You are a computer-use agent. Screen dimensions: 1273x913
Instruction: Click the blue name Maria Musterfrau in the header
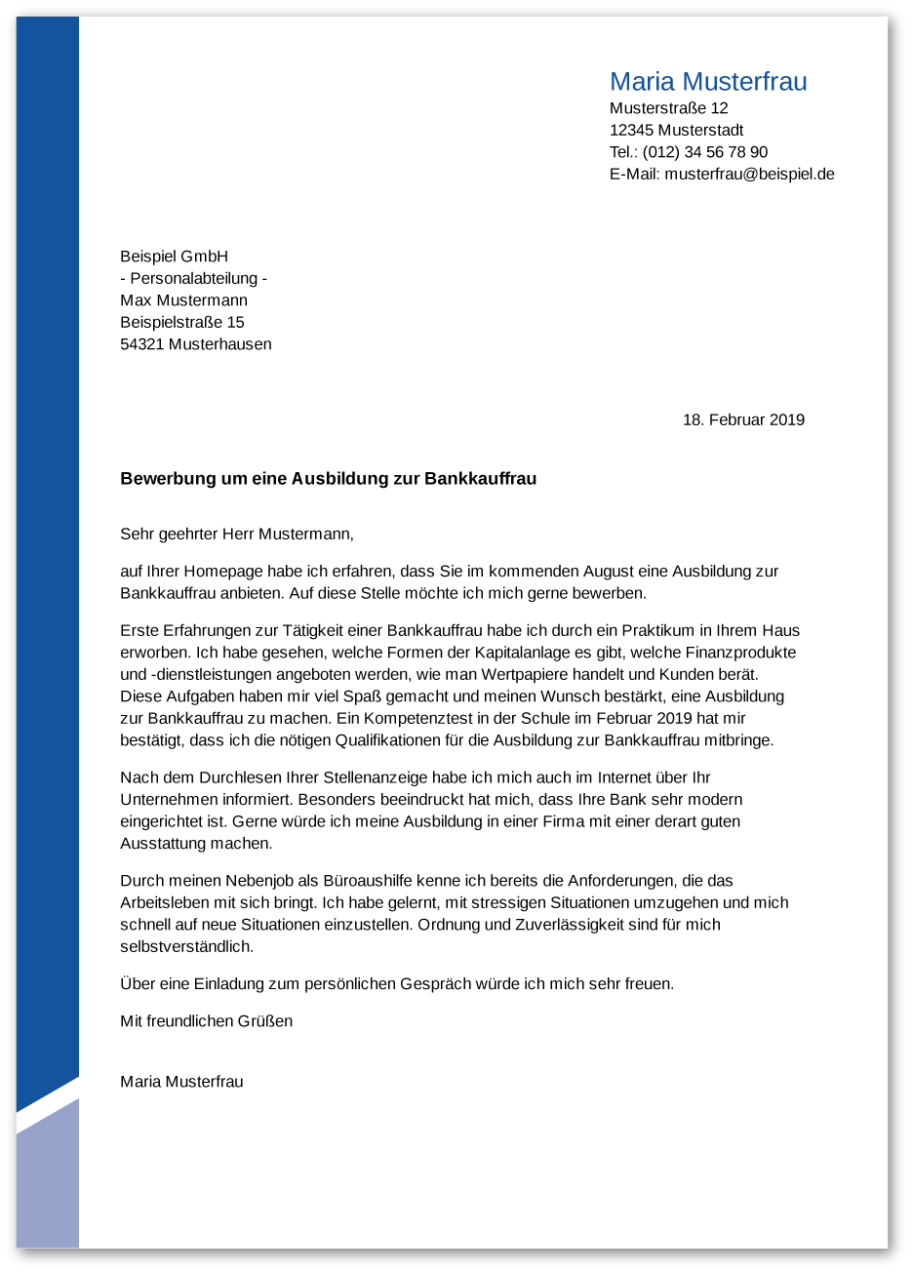click(708, 82)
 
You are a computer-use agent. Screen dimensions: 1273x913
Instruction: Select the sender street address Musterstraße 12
click(668, 108)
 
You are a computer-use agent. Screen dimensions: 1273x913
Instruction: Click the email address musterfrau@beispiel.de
click(749, 175)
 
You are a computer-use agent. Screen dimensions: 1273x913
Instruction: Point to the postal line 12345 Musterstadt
click(676, 131)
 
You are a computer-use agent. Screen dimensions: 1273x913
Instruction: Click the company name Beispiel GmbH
click(174, 257)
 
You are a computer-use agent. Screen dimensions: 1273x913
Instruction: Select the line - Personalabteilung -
click(193, 279)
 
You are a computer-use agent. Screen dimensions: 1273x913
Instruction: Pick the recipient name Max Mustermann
click(183, 300)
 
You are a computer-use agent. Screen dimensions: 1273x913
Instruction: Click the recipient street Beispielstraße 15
click(181, 323)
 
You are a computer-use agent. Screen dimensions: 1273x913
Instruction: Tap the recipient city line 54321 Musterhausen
click(195, 344)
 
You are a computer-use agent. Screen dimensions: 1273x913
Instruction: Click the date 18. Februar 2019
click(743, 420)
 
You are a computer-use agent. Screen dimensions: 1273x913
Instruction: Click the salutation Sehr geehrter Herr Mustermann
click(236, 535)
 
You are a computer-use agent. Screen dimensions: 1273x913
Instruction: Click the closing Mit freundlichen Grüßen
click(206, 1021)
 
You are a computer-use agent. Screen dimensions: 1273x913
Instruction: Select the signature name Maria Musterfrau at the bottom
click(181, 1082)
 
